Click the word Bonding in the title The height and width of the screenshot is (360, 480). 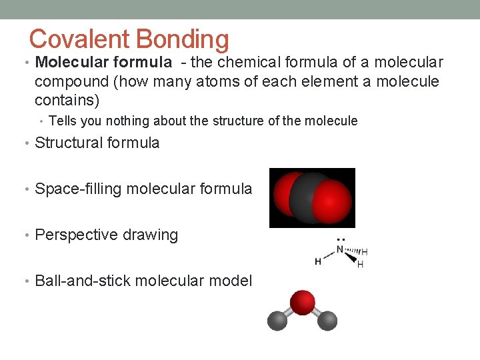pyautogui.click(x=182, y=41)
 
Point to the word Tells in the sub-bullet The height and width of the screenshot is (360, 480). pyautogui.click(x=63, y=121)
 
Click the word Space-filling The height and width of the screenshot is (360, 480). pyautogui.click(x=78, y=189)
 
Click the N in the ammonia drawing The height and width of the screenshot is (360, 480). pyautogui.click(x=340, y=250)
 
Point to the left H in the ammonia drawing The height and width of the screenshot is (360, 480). pyautogui.click(x=318, y=261)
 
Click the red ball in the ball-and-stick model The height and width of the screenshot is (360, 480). pyautogui.click(x=303, y=301)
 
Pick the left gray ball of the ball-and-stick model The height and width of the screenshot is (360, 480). pyautogui.click(x=277, y=321)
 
